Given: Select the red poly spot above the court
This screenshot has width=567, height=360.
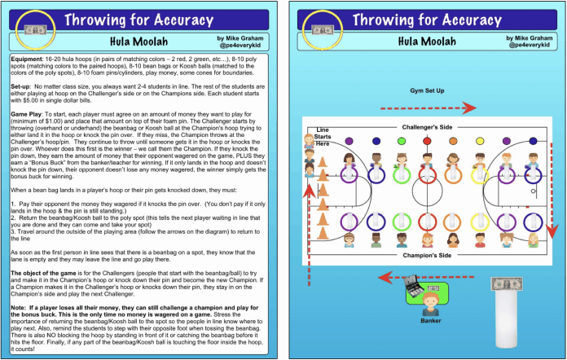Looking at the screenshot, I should (x=427, y=141).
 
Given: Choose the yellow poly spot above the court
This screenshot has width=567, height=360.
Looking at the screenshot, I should (x=481, y=141).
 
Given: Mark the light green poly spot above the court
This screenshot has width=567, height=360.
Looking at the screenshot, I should (x=401, y=141).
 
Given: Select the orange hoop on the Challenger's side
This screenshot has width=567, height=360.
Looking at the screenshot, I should (x=453, y=175).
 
